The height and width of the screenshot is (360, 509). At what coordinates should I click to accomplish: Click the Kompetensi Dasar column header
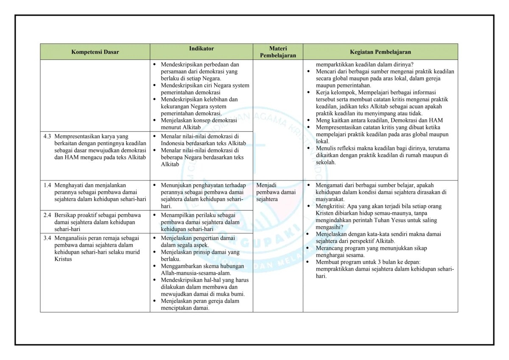pos(95,52)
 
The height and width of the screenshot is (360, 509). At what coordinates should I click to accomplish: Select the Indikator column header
pos(201,49)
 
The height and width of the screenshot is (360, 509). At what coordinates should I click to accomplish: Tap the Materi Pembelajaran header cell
pos(278,52)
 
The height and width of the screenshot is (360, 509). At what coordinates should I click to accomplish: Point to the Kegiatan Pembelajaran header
pos(380,52)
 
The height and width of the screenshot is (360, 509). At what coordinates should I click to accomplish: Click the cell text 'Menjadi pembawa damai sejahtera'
pos(276,192)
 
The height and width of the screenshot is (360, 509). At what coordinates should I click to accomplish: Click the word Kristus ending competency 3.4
pos(64,259)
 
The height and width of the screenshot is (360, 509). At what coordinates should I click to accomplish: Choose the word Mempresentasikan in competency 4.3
pos(78,137)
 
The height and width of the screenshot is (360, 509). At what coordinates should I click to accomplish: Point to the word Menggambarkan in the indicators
pos(181,266)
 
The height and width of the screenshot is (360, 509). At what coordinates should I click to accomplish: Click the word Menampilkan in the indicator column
pos(178,215)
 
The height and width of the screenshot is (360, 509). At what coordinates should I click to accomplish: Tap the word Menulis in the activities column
pos(326,148)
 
